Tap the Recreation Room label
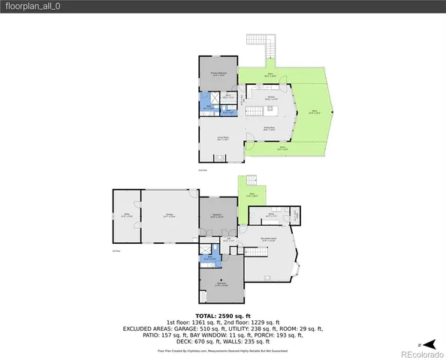tap(266, 240)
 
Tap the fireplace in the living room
tap(221, 157)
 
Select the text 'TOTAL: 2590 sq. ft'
tap(222, 316)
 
